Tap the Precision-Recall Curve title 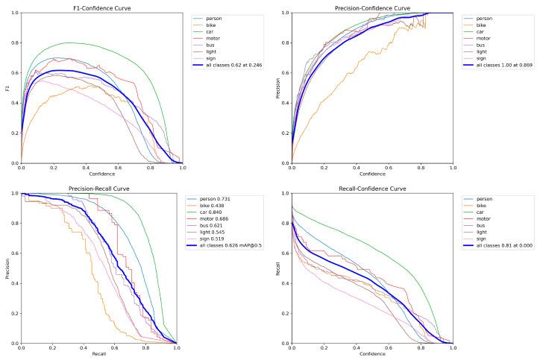pos(102,189)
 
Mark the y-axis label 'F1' pos(6,87)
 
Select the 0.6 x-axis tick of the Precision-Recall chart pos(114,348)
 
